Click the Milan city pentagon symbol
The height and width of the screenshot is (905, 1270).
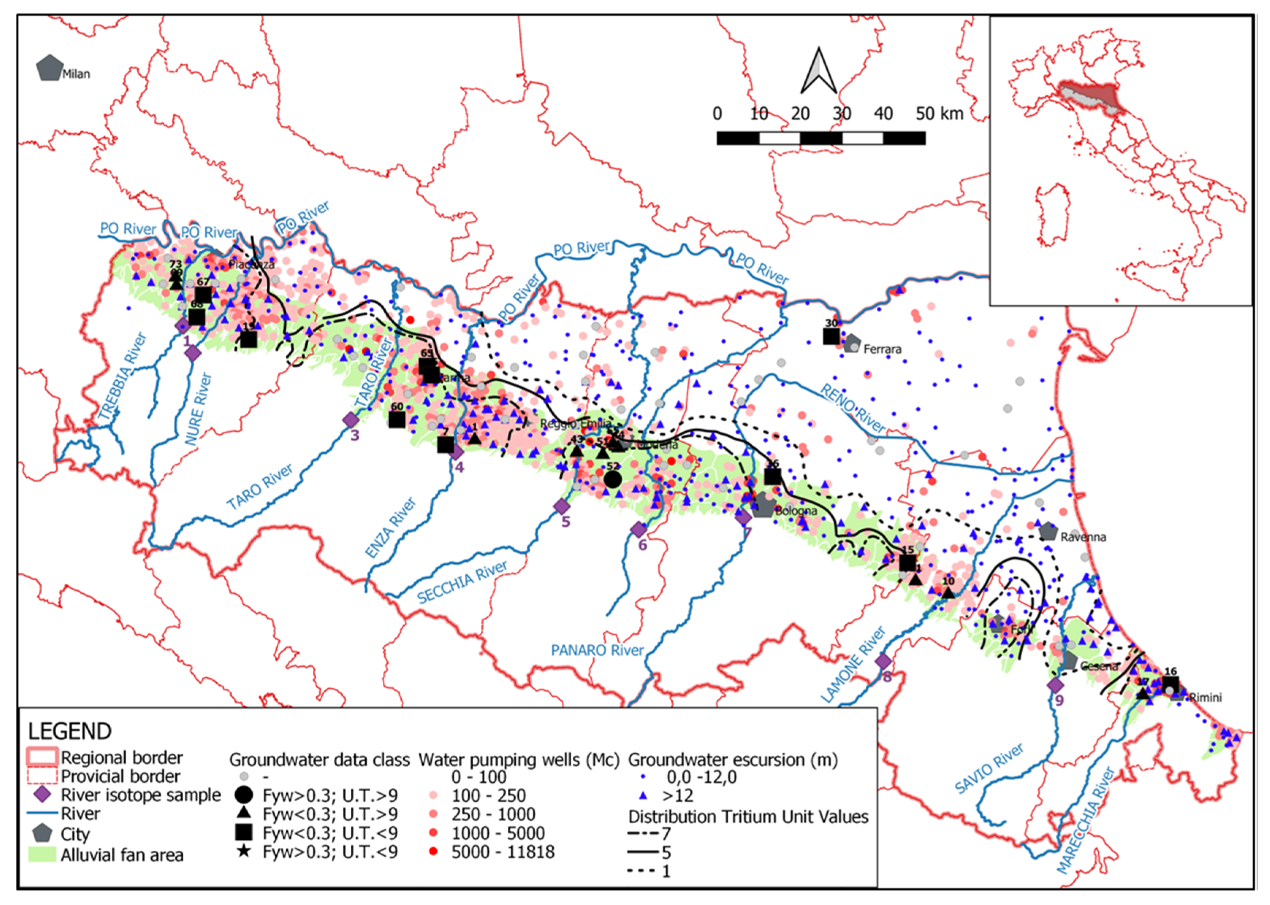click(x=49, y=68)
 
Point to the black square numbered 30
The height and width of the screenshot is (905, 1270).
click(x=831, y=336)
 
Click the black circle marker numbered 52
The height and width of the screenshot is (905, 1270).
click(x=613, y=479)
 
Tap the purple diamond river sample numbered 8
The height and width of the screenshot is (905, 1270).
click(x=883, y=662)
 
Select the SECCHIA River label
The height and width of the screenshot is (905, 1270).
click(x=462, y=582)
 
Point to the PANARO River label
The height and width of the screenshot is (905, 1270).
click(x=597, y=650)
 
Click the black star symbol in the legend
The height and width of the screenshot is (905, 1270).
click(x=244, y=851)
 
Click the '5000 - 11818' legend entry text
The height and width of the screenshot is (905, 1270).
click(x=503, y=852)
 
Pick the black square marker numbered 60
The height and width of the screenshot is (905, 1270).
click(x=397, y=420)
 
